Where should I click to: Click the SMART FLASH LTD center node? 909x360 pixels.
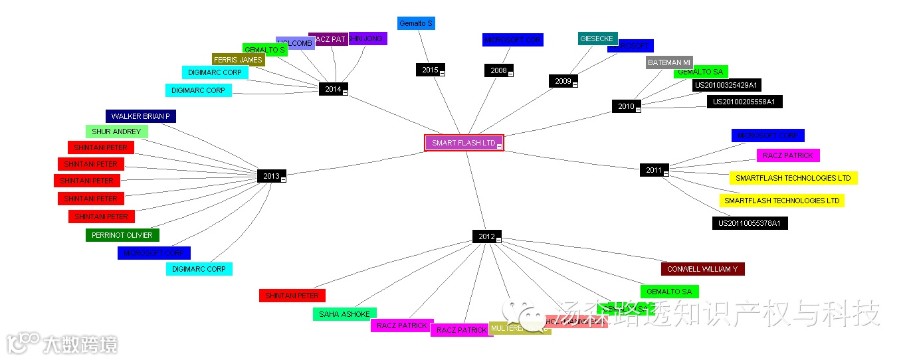[463, 143]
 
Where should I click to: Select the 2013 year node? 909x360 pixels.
[270, 176]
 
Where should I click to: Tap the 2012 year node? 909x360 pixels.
[486, 236]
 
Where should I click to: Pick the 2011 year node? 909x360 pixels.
[653, 170]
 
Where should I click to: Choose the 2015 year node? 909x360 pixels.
[429, 70]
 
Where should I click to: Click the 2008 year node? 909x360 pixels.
[498, 70]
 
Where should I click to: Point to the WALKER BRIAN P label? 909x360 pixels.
[140, 116]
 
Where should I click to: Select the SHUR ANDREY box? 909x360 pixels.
[116, 132]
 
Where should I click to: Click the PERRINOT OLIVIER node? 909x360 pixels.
[122, 235]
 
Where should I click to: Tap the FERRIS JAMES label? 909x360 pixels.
[238, 60]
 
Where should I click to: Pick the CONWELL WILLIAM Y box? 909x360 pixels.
[702, 269]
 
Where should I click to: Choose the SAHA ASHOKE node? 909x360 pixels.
[344, 314]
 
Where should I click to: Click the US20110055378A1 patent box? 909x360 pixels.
[750, 223]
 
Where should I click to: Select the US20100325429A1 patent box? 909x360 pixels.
[726, 85]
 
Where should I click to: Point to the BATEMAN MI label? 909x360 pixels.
[669, 62]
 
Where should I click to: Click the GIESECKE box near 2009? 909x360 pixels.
[597, 39]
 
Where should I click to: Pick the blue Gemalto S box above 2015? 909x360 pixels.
[416, 24]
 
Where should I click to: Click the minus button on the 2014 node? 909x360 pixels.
[345, 92]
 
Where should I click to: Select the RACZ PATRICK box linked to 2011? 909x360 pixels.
[788, 155]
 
